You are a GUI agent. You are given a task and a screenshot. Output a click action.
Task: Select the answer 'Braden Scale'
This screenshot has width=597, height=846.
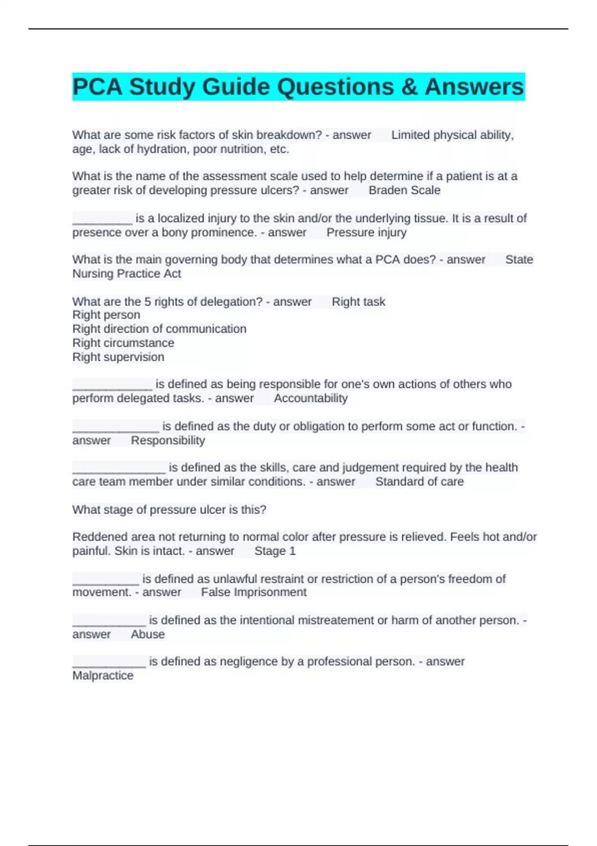404,191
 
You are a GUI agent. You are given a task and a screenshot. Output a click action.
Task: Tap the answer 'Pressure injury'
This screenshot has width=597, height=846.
367,232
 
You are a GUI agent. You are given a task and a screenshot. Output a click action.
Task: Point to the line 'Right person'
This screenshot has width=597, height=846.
106,315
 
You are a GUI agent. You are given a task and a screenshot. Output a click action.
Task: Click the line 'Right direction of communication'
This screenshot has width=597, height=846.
159,329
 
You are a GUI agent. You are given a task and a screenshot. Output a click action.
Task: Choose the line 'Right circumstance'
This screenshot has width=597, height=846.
123,343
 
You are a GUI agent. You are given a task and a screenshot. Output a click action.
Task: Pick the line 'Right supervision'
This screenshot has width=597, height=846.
118,357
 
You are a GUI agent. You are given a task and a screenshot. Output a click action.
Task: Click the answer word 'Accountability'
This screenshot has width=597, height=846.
310,398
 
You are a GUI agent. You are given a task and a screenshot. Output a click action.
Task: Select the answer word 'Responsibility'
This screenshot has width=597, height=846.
168,440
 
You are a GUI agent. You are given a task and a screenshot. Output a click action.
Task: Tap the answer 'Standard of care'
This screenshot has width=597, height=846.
419,482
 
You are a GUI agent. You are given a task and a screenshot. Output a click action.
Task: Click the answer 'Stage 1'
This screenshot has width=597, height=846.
275,551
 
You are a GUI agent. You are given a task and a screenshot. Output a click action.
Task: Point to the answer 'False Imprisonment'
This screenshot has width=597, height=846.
254,592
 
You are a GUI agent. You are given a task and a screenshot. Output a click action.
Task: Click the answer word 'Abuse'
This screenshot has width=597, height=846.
148,634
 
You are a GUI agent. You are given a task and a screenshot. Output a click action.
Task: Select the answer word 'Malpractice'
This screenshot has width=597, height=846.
103,676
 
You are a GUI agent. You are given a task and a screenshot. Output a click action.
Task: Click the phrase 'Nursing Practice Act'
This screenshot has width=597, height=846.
126,274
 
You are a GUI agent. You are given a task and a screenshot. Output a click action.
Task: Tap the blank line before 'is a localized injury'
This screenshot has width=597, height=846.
102,219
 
